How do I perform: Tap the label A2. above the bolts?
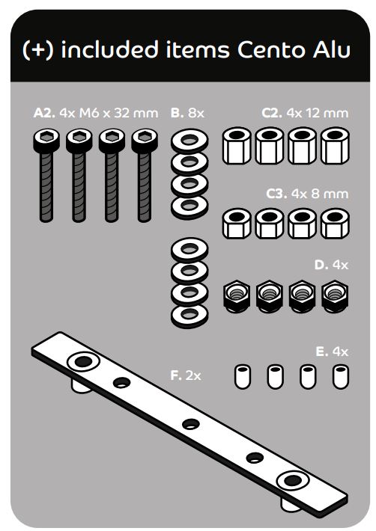point(43,113)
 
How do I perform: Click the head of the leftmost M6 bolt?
point(46,141)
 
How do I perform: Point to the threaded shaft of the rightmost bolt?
point(145,187)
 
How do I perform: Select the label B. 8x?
point(187,113)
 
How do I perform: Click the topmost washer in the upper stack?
point(189,141)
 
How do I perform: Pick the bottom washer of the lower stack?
point(189,316)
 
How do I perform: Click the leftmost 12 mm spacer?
point(237,146)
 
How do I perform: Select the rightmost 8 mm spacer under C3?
point(335,224)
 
